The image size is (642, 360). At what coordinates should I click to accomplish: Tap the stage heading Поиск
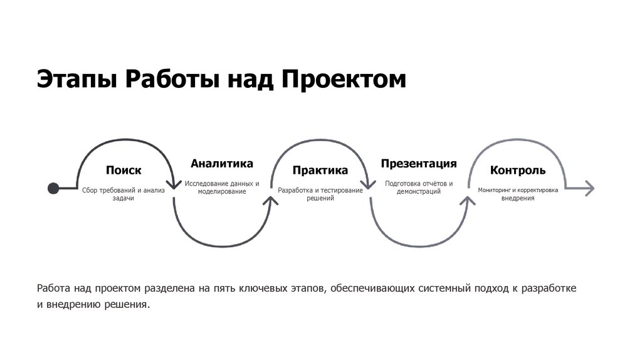(x=124, y=171)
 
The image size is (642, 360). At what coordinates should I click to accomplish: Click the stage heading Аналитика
(x=222, y=164)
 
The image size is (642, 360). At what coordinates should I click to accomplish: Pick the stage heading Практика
(x=320, y=171)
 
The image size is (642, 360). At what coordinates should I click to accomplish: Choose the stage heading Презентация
(x=418, y=164)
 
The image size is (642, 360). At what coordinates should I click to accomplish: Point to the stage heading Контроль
(x=518, y=171)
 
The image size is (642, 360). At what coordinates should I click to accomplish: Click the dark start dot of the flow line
(x=54, y=187)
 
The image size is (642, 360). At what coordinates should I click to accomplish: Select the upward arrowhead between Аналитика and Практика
(x=271, y=199)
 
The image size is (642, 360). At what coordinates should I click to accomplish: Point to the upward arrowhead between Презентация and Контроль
(x=468, y=199)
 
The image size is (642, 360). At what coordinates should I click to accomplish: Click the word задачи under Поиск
(x=124, y=198)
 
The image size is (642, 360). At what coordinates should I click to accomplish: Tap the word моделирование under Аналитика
(x=222, y=192)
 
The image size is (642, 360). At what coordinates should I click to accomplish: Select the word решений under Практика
(x=320, y=198)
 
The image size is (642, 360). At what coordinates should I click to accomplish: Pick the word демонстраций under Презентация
(x=418, y=192)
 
